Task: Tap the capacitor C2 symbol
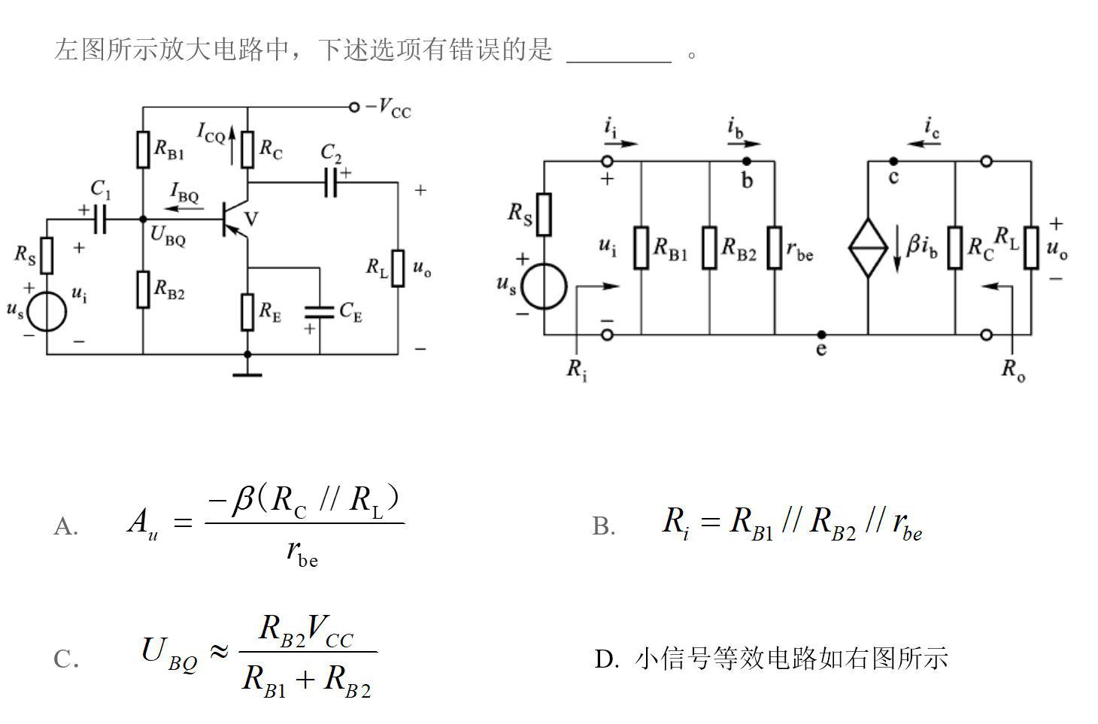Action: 331,183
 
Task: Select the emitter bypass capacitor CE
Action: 320,311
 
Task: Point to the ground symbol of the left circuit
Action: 247,373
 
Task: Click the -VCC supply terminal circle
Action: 354,107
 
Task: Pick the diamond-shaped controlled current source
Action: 868,247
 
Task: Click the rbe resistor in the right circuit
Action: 775,247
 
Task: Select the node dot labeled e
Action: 821,335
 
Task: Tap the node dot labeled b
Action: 746,161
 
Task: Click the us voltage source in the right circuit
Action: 544,286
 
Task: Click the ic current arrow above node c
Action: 924,143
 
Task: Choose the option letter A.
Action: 65,527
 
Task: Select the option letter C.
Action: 65,659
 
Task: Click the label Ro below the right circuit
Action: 1013,369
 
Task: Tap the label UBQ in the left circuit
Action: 167,235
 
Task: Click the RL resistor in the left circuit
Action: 398,268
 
